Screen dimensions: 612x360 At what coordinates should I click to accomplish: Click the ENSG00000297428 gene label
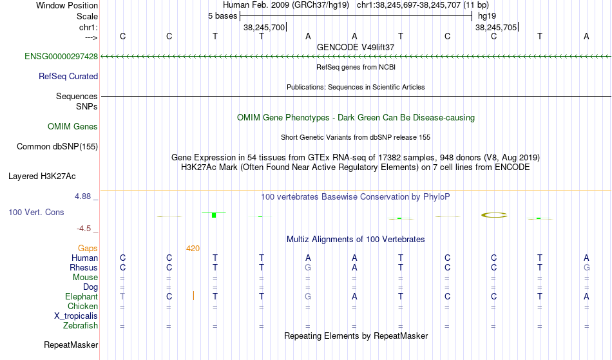61,57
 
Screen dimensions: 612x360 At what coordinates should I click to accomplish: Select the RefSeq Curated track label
68,77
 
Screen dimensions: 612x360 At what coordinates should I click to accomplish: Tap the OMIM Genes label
73,127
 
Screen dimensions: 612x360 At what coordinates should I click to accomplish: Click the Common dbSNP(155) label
57,147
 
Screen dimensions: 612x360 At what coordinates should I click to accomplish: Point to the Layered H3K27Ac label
42,176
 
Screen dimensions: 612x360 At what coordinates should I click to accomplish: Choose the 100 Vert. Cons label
36,212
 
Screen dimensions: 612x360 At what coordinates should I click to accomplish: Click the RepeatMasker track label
71,345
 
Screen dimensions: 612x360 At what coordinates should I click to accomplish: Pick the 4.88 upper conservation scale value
82,196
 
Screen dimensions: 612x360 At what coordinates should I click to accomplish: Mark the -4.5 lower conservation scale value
84,229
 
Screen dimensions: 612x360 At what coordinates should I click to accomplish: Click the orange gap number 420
193,249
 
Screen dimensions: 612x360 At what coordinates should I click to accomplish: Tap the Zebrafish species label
81,326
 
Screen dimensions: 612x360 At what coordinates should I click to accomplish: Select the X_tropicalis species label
76,316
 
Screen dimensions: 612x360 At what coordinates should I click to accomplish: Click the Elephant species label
82,297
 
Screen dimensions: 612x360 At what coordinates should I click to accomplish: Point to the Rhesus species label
84,267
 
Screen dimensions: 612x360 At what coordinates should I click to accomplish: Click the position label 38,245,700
264,27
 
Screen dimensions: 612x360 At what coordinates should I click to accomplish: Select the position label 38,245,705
496,27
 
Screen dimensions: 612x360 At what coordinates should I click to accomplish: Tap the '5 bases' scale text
222,16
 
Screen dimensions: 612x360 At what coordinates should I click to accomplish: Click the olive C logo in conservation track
494,215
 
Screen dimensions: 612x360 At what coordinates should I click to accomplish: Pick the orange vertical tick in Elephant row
194,296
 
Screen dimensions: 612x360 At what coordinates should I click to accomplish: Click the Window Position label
67,5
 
